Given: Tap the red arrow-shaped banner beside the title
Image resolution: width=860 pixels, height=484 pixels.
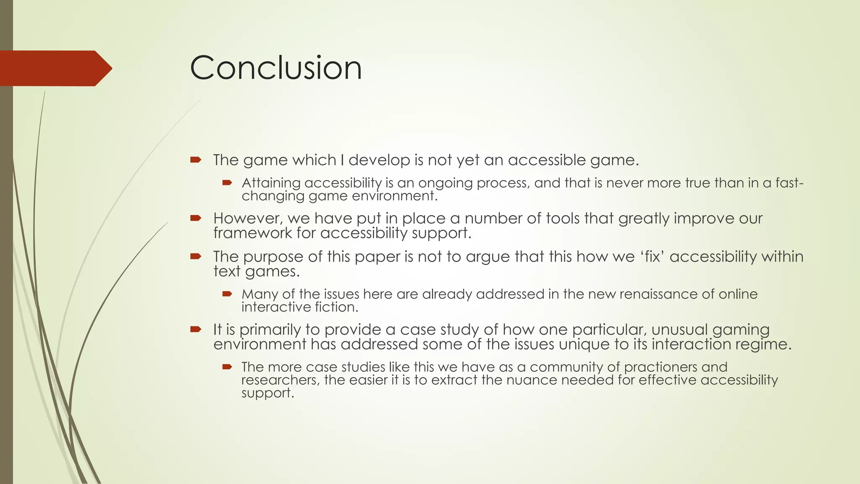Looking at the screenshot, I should click(55, 68).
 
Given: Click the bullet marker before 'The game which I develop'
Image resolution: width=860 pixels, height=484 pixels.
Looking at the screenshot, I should click(196, 160).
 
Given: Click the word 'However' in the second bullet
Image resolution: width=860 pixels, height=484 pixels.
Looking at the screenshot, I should click(247, 218).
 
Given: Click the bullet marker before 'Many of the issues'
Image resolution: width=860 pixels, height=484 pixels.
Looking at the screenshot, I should click(227, 294).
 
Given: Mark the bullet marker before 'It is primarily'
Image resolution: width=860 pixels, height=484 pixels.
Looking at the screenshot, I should click(196, 329).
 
